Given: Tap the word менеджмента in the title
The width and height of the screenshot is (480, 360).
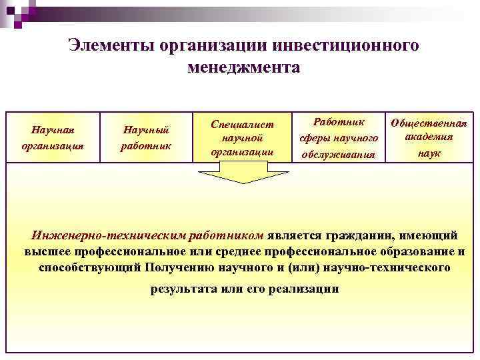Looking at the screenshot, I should (x=244, y=67).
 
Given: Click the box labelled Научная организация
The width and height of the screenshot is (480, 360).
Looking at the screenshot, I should (x=53, y=136).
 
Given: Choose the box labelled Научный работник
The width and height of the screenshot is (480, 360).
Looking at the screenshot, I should (x=146, y=136).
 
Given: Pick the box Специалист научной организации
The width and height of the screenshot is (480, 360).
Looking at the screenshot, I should (x=242, y=137).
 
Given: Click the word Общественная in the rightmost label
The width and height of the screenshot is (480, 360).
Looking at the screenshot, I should (x=429, y=123).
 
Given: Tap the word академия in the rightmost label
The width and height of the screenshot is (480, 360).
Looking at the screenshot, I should (x=429, y=137).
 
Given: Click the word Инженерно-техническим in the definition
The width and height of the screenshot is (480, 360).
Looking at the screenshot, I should (x=109, y=235).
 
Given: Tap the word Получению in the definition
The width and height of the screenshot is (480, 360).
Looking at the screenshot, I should (x=177, y=268).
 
